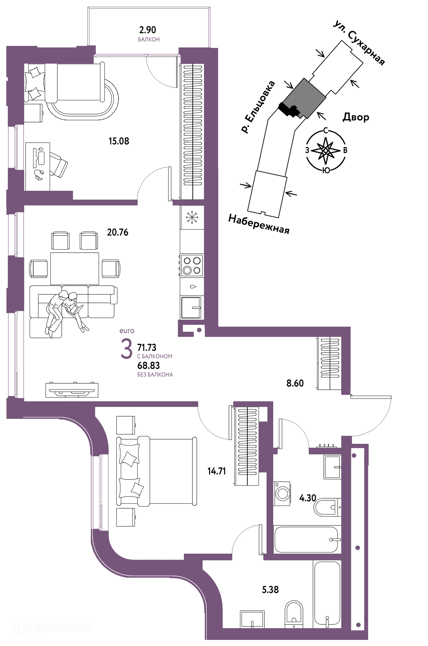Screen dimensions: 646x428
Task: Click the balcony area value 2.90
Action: pos(147,29)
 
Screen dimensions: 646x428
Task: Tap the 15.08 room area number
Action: pos(119,141)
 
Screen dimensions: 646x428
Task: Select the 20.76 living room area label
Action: pos(118,232)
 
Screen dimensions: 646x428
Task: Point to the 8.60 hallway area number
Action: pos(295,383)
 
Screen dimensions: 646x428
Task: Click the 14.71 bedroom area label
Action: pos(216,471)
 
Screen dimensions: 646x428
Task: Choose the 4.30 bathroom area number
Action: pos(308,498)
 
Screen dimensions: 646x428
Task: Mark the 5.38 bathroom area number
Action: pos(270,590)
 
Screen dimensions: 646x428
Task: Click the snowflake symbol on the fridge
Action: pos(192,217)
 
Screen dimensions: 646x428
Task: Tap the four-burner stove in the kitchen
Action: pos(192,265)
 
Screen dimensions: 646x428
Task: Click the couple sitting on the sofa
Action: pos(66,311)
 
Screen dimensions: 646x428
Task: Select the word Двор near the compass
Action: pos(356,117)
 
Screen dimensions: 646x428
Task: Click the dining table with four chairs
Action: pos(74,269)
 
